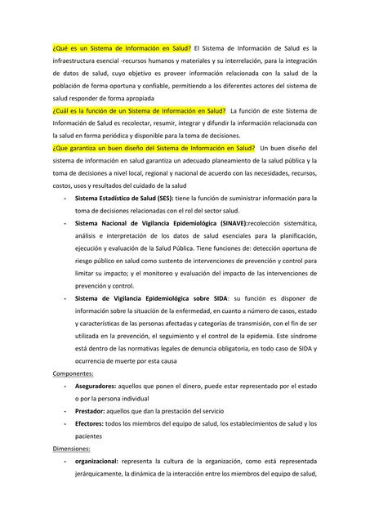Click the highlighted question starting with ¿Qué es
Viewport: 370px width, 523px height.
(122, 48)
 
